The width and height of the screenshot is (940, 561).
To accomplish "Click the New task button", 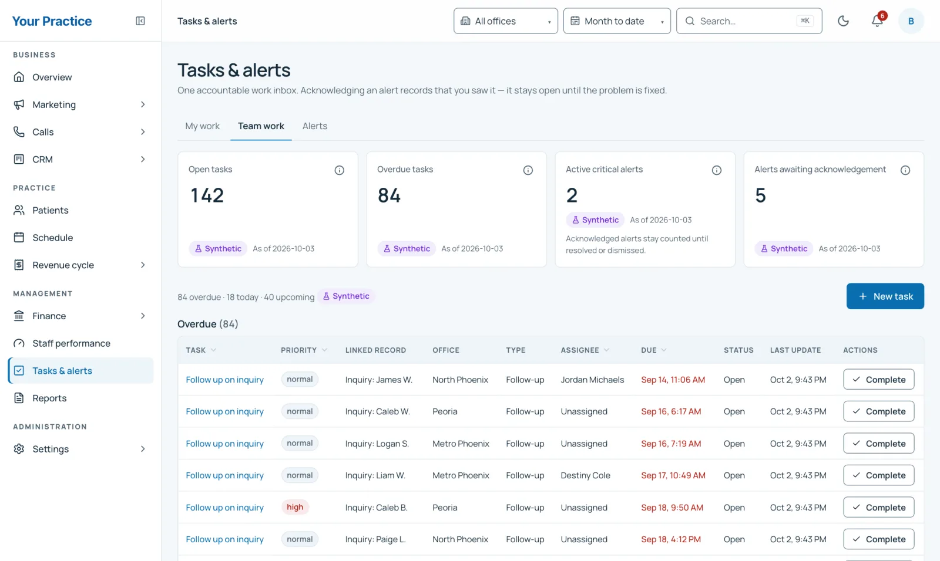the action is click(x=885, y=296).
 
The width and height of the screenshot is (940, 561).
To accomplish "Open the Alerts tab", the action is click(x=315, y=126).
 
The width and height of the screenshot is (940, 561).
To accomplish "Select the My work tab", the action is click(x=202, y=126).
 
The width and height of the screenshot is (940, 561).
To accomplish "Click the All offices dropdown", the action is click(x=506, y=21).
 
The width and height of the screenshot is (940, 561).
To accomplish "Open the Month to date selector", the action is click(x=617, y=21).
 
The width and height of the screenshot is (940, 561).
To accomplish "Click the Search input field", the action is click(x=749, y=21).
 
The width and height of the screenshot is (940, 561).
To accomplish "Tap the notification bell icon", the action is click(x=877, y=21).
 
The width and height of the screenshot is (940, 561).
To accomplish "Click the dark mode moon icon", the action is click(x=843, y=21).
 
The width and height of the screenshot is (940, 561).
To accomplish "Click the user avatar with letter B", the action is click(x=911, y=21).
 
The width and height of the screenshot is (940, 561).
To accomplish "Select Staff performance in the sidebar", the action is click(x=71, y=343).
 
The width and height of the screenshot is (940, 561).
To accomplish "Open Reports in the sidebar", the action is click(x=49, y=398).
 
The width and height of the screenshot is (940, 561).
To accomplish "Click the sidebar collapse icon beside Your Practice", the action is click(x=140, y=21).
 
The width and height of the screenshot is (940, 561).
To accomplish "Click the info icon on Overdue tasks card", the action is click(x=528, y=170).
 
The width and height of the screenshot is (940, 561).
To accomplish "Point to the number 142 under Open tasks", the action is click(x=207, y=195).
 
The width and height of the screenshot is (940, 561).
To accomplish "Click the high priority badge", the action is click(x=295, y=507).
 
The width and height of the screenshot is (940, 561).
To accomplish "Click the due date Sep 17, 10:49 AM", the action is click(x=673, y=475).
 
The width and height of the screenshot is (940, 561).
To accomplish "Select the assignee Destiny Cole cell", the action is click(x=585, y=475).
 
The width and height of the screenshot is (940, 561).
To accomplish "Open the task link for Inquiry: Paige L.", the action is click(x=224, y=539).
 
